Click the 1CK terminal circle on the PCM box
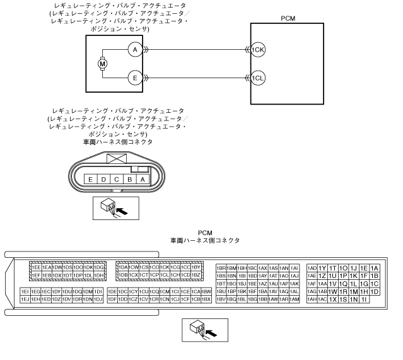[x=257, y=49]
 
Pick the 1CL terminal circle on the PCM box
[x=257, y=78]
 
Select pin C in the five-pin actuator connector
[x=117, y=180]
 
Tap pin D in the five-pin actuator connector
[x=103, y=180]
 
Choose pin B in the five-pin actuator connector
[x=130, y=180]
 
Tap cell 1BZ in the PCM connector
[x=196, y=276]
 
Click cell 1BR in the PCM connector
[x=221, y=267]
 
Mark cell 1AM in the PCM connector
[x=295, y=299]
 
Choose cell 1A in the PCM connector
[x=375, y=267]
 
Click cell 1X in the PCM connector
[x=332, y=299]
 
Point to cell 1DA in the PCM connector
[x=122, y=267]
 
